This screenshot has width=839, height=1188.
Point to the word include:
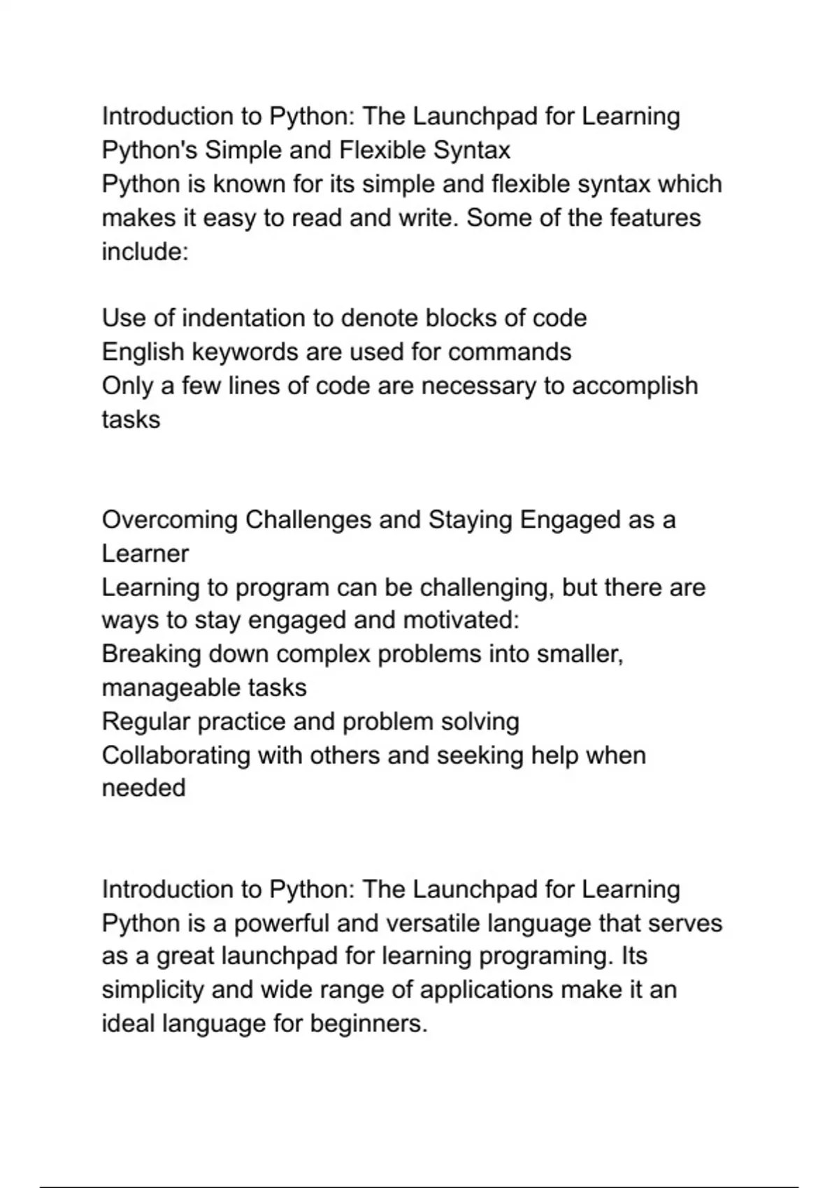click(x=145, y=251)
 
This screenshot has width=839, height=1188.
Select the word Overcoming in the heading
click(x=169, y=520)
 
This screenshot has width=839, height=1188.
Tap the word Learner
click(x=145, y=553)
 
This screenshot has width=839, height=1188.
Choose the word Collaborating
click(x=175, y=755)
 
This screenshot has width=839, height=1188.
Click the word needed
click(x=143, y=788)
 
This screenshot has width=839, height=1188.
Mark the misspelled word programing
click(x=545, y=956)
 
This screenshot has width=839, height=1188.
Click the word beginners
click(x=368, y=1024)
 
